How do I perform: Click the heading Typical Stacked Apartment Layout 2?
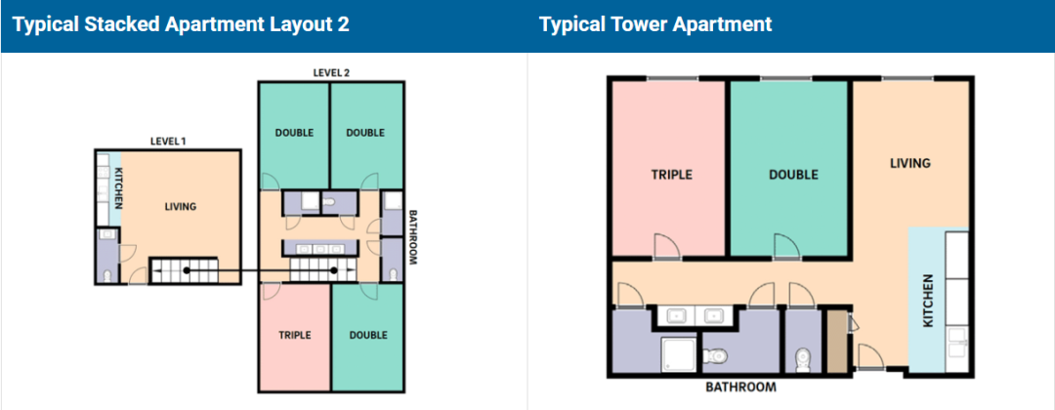(181, 25)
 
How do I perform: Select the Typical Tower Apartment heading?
(655, 25)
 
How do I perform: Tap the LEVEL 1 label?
(168, 142)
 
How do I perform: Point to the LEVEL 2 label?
(331, 72)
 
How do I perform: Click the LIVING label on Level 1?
(181, 206)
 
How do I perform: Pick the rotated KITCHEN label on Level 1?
(119, 186)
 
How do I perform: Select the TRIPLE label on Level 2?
(295, 335)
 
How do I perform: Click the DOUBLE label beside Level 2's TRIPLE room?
(368, 335)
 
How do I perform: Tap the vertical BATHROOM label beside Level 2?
(413, 238)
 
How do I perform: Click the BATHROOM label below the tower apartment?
(740, 388)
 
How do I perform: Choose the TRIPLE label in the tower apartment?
(671, 175)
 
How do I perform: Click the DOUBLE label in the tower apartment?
(794, 175)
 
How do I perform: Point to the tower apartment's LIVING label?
(910, 163)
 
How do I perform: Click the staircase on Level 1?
(183, 270)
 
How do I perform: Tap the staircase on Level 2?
(323, 270)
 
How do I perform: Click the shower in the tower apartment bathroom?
(678, 354)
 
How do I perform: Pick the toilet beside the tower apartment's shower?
(713, 354)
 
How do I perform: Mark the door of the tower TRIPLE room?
(666, 246)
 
